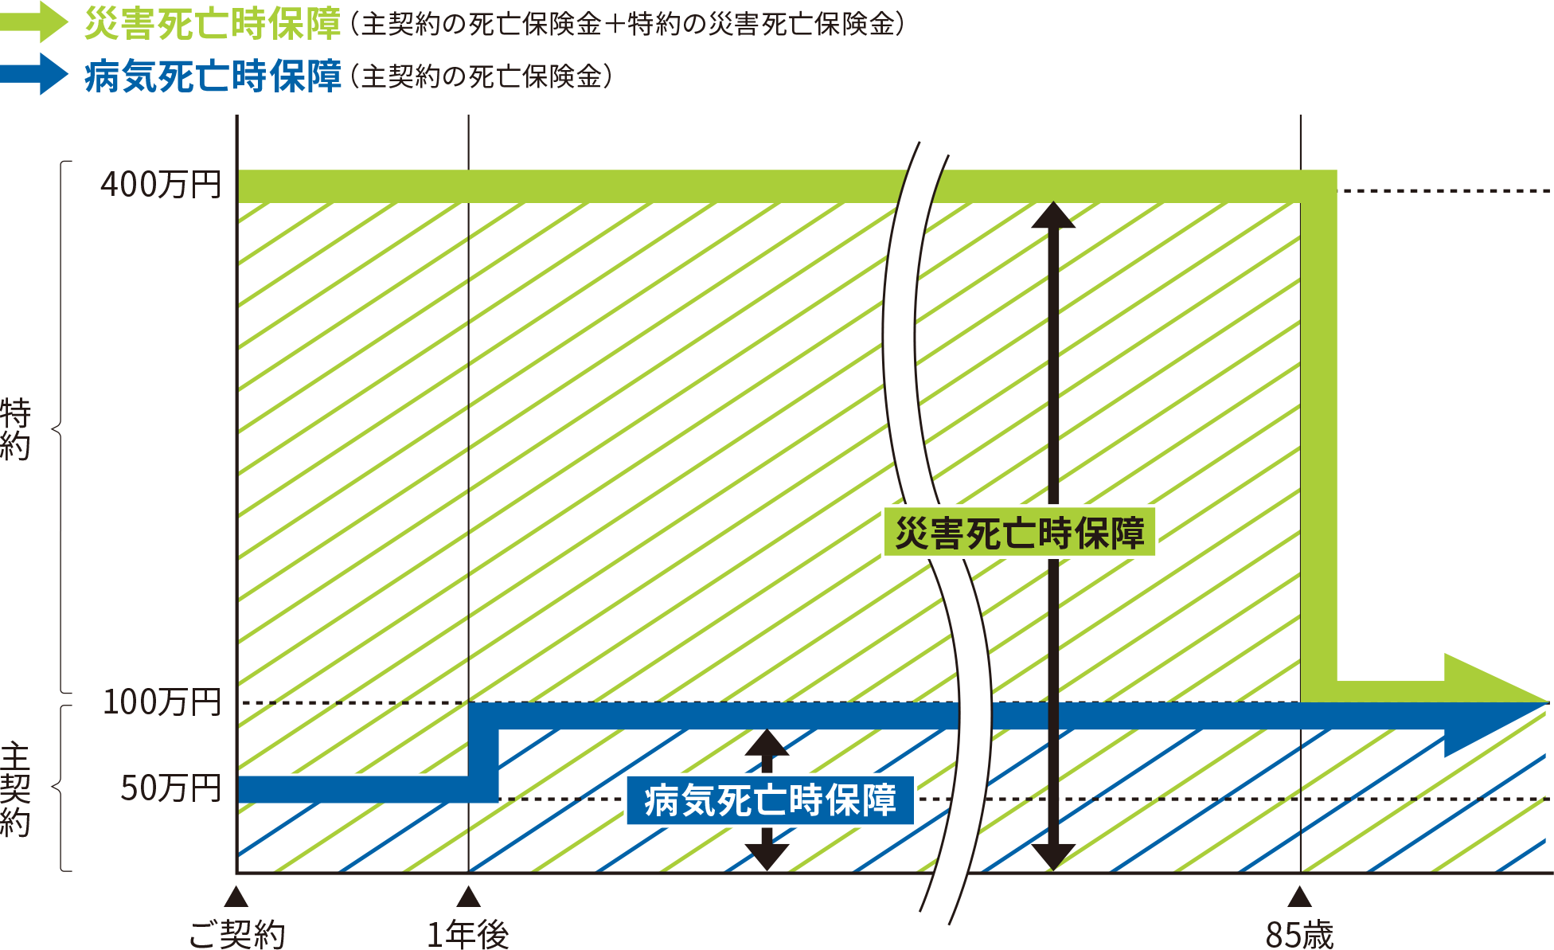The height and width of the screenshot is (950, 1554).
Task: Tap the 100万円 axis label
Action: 162,702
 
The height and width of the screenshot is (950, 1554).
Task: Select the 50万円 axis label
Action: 170,788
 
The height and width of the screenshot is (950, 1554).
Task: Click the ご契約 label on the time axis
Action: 236,934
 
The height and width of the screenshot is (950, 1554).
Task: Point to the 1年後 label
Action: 468,934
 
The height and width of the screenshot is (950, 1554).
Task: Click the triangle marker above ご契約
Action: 236,897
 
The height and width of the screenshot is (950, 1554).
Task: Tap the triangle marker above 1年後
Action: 468,897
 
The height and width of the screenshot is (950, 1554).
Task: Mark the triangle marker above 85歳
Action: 1299,897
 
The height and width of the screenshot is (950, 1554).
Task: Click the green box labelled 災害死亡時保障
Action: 1019,533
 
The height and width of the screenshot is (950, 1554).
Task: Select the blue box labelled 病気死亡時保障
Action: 770,800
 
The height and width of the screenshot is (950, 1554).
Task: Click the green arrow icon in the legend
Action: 35,22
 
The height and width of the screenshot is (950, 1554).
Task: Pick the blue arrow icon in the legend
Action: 35,75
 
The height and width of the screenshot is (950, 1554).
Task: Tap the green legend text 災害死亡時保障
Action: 213,24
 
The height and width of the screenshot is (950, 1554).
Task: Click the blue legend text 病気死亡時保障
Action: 213,77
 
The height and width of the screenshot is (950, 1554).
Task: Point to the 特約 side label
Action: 16,430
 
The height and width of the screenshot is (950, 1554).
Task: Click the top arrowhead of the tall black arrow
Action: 1053,215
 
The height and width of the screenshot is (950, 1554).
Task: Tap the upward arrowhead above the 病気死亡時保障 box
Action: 767,743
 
